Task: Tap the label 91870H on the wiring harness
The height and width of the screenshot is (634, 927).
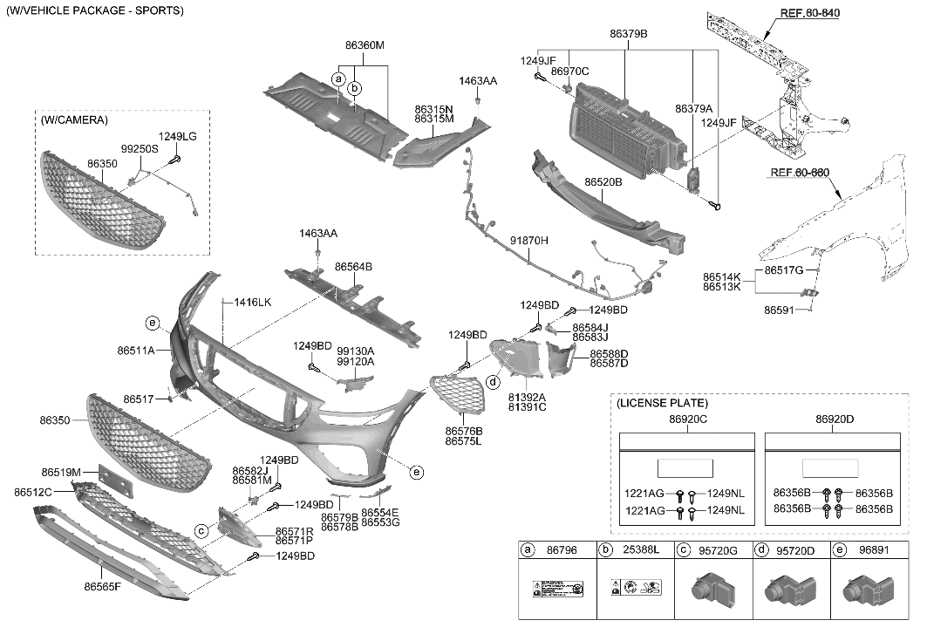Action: click(x=529, y=240)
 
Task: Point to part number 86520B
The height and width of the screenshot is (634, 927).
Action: click(x=603, y=182)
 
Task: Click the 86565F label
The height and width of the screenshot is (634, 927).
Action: click(x=103, y=587)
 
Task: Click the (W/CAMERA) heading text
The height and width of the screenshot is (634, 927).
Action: click(x=74, y=119)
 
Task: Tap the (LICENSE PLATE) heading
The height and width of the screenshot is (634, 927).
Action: click(x=662, y=403)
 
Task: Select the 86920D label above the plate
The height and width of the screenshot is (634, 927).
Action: click(x=835, y=419)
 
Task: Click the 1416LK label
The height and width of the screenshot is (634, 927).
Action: click(x=253, y=302)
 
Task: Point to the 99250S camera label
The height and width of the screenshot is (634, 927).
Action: click(x=140, y=150)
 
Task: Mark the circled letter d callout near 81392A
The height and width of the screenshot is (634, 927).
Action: click(x=493, y=382)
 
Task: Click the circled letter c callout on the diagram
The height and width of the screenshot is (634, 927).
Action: click(x=201, y=530)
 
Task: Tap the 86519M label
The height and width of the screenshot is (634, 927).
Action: click(x=60, y=472)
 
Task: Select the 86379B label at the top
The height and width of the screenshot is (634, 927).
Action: click(x=628, y=33)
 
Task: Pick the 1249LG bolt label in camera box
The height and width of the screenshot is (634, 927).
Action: click(x=177, y=136)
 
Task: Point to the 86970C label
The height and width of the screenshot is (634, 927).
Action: click(x=570, y=72)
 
